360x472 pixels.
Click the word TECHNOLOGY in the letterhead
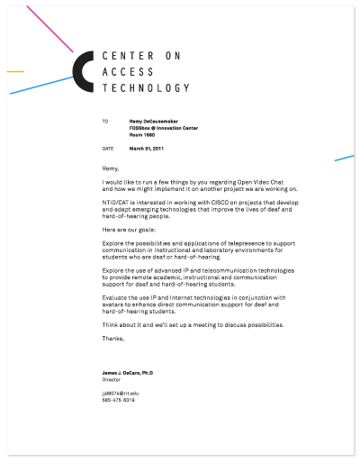click(146, 88)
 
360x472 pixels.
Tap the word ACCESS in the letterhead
click(129, 72)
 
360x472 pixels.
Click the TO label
click(105, 121)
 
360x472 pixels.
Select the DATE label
click(108, 148)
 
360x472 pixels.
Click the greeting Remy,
click(112, 168)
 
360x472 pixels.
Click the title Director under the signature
click(112, 380)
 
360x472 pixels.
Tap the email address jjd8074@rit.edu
click(121, 394)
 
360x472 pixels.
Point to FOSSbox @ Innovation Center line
click(164, 127)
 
